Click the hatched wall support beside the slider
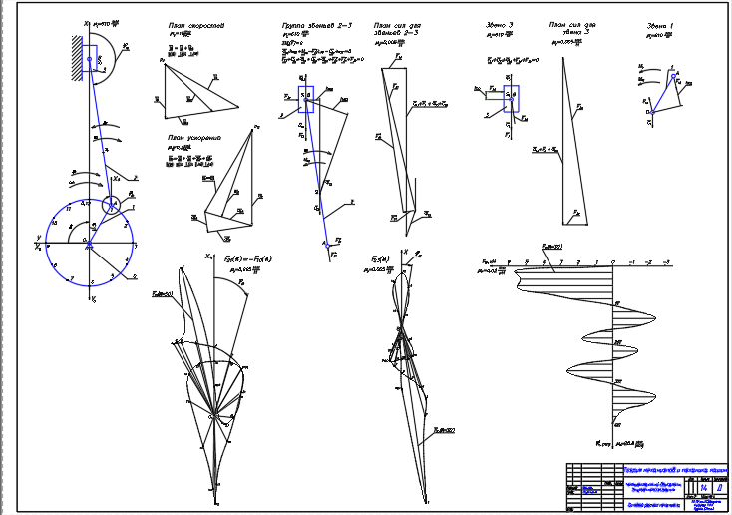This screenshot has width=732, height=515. click(78, 50)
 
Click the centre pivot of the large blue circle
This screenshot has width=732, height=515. click(89, 242)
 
